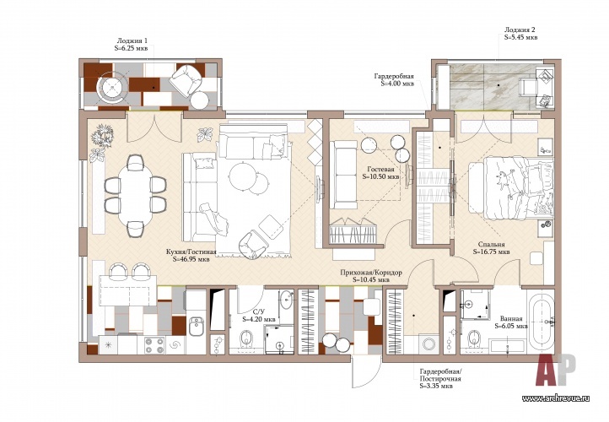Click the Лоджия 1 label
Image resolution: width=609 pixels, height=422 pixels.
coord(132,44)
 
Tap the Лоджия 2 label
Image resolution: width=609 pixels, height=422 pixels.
coord(520,34)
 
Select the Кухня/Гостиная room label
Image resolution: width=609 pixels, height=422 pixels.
coord(191,255)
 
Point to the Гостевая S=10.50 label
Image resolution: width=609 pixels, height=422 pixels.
coord(380,173)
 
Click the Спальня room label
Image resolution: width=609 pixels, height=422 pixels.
coord(491,248)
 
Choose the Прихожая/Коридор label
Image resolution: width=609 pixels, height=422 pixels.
coord(371,276)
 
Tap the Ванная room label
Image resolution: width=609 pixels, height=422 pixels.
coord(511,322)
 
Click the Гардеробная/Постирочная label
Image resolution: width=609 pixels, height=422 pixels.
coord(440,379)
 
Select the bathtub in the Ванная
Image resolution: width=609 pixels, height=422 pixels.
coord(542,321)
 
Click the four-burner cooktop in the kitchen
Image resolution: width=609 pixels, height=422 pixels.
coord(154,345)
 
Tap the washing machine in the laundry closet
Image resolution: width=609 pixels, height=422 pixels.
coord(429,344)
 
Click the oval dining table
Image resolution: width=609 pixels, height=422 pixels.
coord(135,196)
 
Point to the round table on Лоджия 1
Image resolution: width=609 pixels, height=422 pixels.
coord(113,89)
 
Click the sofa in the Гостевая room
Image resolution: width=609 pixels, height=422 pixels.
coord(343,175)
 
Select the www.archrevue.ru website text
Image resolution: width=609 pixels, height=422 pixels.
coord(556,398)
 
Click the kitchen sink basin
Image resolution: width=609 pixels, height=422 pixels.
coord(197,326)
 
